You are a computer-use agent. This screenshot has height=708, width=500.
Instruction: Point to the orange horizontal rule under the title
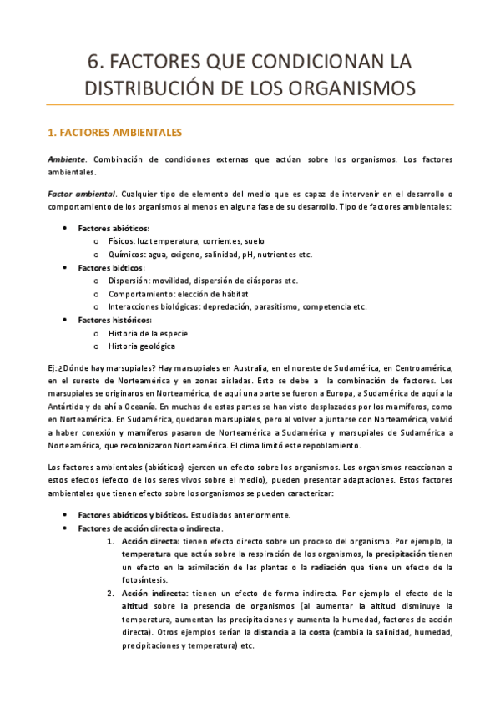(x=250, y=104)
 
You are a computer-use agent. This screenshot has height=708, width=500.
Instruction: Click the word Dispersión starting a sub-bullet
(x=129, y=281)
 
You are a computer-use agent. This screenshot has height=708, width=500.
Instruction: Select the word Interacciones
(x=136, y=306)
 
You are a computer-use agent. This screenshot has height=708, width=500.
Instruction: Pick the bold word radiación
(x=332, y=568)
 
